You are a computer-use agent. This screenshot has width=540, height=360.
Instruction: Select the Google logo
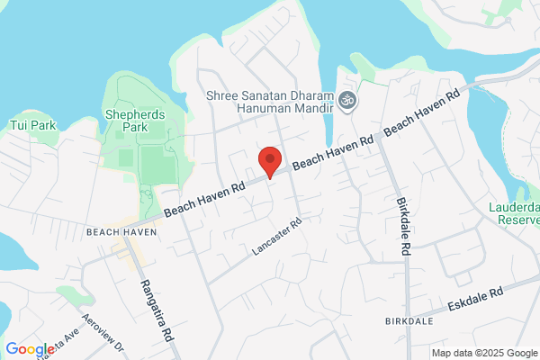coord(30,349)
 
